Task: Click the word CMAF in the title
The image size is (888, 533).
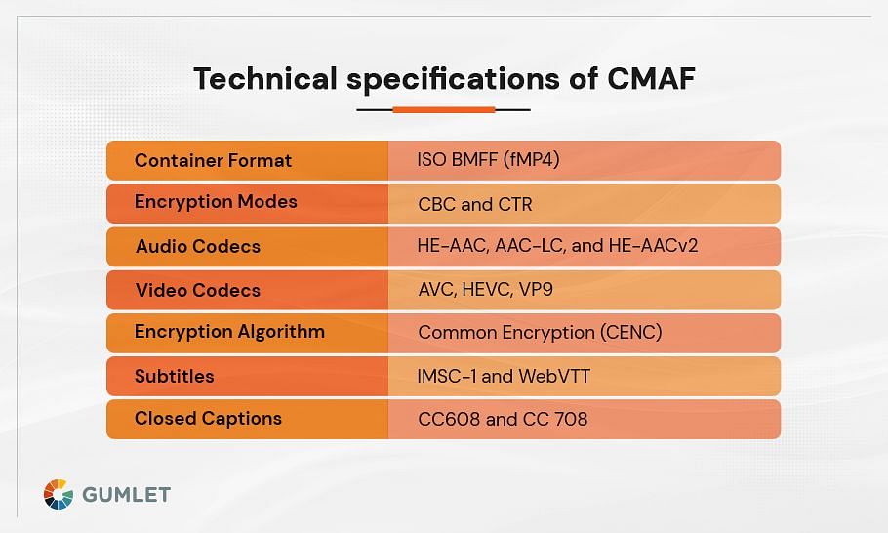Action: coord(651,78)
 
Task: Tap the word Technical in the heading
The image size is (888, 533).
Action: coord(265,78)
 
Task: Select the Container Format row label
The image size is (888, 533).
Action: coord(213,161)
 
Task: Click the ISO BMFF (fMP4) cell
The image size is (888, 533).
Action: coord(488,160)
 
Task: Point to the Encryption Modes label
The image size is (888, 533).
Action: coord(216,202)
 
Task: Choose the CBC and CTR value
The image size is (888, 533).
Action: coord(475,204)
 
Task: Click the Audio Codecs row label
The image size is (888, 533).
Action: coord(198,246)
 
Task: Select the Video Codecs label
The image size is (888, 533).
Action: coord(198,290)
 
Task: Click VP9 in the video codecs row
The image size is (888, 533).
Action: coord(536,289)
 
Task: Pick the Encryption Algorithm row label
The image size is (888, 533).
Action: coord(229,332)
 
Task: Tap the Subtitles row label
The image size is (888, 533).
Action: coord(175,376)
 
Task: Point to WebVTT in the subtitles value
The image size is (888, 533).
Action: coord(554,376)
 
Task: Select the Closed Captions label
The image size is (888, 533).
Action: coord(208,419)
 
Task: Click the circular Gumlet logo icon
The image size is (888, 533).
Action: coord(59,495)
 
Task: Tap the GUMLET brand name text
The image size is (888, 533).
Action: coord(126,495)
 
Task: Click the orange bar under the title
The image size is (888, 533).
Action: coord(444,110)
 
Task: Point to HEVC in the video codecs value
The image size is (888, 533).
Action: coord(487,289)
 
